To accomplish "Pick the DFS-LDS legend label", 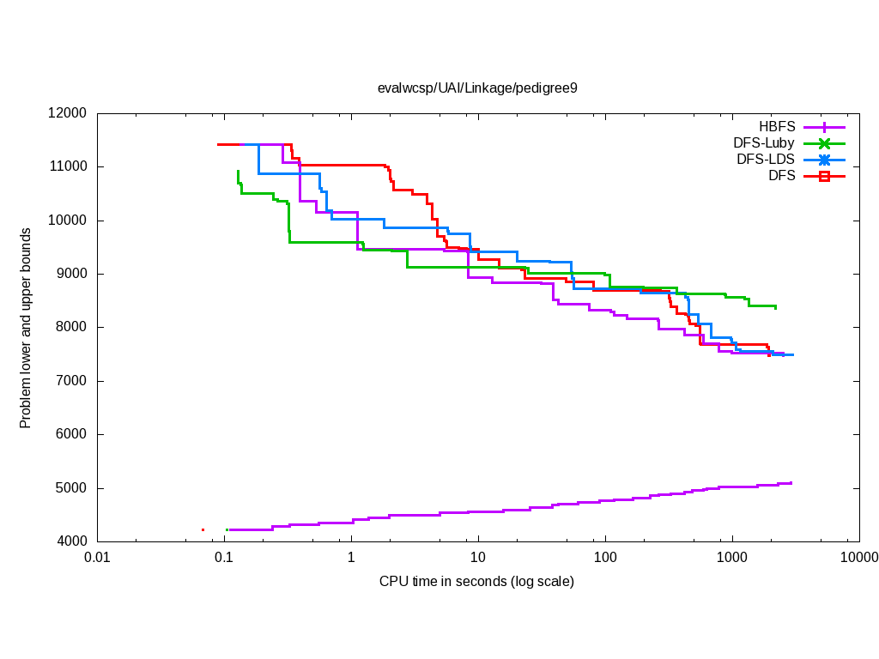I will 765,160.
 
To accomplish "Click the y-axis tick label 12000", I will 69,113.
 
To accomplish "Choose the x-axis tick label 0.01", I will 97,557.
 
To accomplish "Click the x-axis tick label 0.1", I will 224,557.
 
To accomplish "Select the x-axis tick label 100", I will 605,557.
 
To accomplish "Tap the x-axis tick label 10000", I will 858,557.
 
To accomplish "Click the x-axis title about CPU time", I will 476,582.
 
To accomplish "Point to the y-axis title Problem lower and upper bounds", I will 27,328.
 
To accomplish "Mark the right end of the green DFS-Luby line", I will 776,307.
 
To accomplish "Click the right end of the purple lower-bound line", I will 791,483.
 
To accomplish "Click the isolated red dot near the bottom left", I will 203,529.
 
